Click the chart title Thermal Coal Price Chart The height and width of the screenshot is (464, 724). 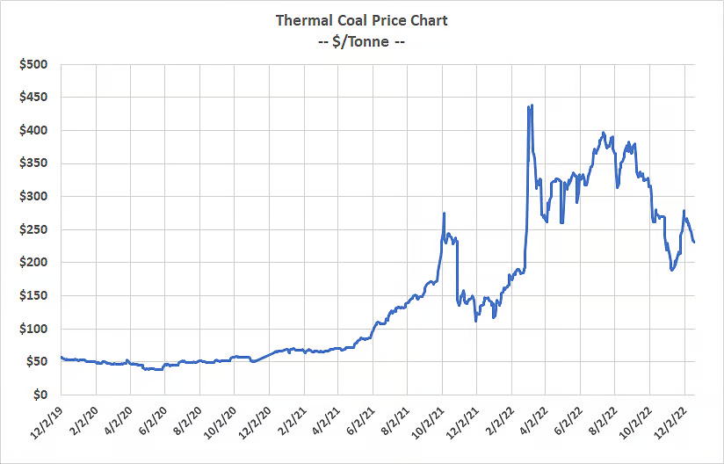tap(361, 20)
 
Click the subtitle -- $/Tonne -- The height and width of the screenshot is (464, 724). tap(361, 40)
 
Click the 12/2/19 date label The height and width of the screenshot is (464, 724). tap(44, 420)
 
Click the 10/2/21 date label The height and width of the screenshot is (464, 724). tap(426, 420)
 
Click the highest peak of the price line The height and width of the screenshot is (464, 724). tap(532, 105)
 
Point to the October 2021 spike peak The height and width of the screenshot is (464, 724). tap(444, 213)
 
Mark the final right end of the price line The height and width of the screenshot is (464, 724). tap(694, 243)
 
